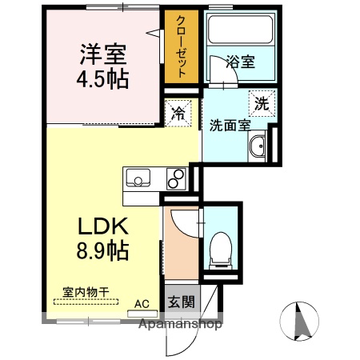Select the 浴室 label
[x=240, y=62]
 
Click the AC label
[x=142, y=304]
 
